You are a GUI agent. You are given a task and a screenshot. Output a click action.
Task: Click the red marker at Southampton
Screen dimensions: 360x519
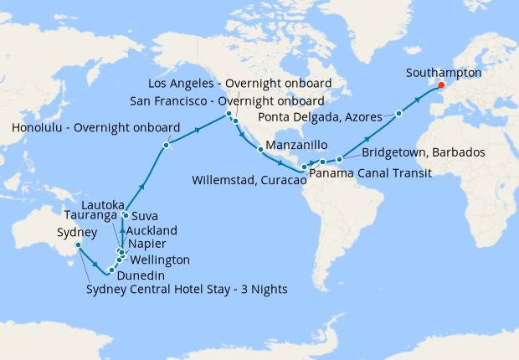click(x=441, y=85)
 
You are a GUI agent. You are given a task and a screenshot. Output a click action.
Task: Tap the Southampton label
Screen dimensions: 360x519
click(x=444, y=73)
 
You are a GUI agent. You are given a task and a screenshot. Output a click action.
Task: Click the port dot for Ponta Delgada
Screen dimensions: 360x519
click(x=399, y=113)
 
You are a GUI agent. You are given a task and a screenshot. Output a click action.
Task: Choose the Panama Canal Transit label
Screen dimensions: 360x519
click(x=370, y=173)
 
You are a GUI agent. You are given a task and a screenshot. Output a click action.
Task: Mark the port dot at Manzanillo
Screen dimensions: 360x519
click(x=261, y=150)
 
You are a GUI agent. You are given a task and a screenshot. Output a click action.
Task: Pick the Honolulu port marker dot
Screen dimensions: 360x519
click(x=167, y=146)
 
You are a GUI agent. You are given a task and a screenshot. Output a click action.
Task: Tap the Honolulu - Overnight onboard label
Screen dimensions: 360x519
click(x=96, y=128)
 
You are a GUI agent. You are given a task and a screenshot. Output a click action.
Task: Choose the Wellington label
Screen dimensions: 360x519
click(x=161, y=260)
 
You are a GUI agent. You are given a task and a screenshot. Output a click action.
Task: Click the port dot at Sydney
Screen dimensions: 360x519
click(x=78, y=245)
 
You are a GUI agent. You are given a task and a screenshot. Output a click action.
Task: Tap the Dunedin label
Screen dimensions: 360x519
click(x=141, y=275)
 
